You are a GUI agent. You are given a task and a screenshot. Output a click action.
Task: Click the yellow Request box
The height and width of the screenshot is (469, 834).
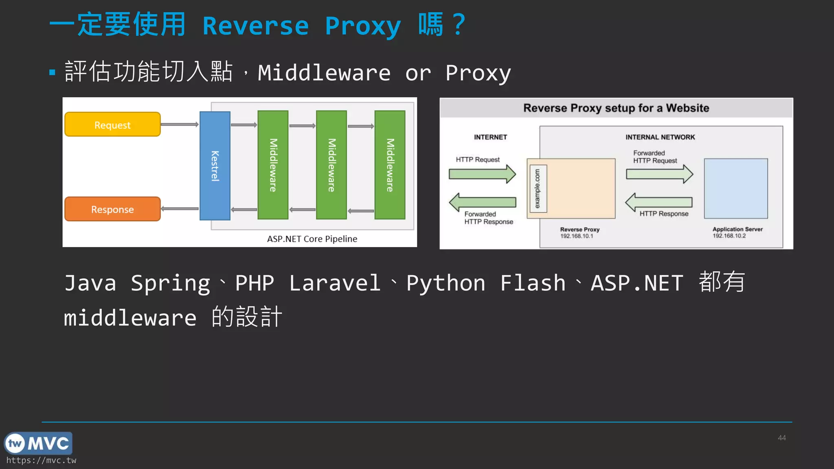[112, 125]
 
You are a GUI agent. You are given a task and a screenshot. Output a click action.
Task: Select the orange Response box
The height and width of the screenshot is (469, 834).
[112, 209]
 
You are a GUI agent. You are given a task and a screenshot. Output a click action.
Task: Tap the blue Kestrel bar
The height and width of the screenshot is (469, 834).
[215, 166]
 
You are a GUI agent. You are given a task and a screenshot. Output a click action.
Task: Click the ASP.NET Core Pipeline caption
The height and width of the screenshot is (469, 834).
[312, 239]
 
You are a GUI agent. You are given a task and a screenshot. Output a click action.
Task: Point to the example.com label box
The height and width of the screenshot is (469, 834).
[537, 188]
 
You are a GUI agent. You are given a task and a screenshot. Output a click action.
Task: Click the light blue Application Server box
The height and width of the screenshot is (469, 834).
[736, 188]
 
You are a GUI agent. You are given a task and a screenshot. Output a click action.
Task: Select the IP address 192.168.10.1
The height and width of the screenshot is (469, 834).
[577, 236]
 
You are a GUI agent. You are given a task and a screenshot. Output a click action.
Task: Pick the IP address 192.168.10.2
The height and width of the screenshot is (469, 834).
[729, 236]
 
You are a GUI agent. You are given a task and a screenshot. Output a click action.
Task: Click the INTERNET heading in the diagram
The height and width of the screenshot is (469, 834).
[490, 137]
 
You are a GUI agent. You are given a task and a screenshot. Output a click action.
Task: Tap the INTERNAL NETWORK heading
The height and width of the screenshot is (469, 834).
[660, 137]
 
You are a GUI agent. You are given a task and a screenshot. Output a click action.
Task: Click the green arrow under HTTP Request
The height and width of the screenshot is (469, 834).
[482, 174]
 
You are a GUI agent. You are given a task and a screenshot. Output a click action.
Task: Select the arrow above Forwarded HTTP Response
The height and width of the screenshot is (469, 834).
[482, 202]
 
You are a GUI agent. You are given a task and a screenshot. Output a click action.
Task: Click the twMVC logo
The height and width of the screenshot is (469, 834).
[38, 443]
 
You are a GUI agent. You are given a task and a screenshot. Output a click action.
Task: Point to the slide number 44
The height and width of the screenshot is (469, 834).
[781, 438]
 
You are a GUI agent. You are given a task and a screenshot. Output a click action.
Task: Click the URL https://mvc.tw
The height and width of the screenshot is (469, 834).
[41, 460]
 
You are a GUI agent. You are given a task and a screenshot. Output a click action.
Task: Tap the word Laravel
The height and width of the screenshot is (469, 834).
[335, 283]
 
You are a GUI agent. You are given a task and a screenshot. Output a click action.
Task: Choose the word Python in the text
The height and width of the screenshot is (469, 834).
[446, 284]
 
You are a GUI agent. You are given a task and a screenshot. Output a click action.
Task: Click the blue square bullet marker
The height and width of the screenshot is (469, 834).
[52, 73]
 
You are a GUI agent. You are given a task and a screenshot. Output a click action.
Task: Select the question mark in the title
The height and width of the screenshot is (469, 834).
[459, 24]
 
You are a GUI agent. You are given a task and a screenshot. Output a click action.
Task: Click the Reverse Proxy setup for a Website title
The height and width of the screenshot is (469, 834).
[616, 108]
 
